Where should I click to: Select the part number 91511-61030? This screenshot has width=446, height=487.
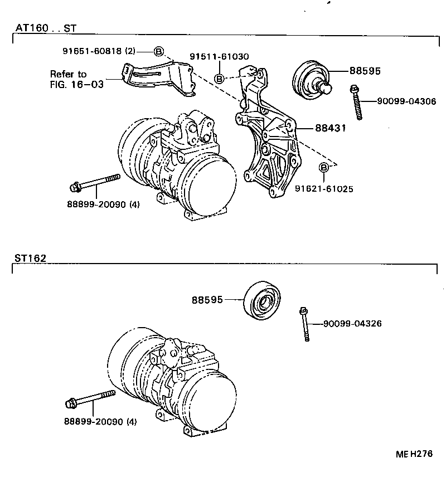pyautogui.click(x=219, y=57)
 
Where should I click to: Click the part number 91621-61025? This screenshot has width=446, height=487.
pyautogui.click(x=324, y=189)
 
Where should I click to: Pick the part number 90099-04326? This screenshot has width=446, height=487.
pyautogui.click(x=352, y=324)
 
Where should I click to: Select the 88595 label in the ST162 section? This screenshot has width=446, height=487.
pyautogui.click(x=207, y=300)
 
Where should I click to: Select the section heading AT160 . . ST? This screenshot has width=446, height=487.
pyautogui.click(x=46, y=27)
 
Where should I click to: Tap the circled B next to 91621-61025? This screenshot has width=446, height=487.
pyautogui.click(x=324, y=168)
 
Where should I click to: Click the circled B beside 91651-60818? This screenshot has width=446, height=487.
pyautogui.click(x=158, y=51)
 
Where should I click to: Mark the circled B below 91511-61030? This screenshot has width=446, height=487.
pyautogui.click(x=219, y=79)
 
